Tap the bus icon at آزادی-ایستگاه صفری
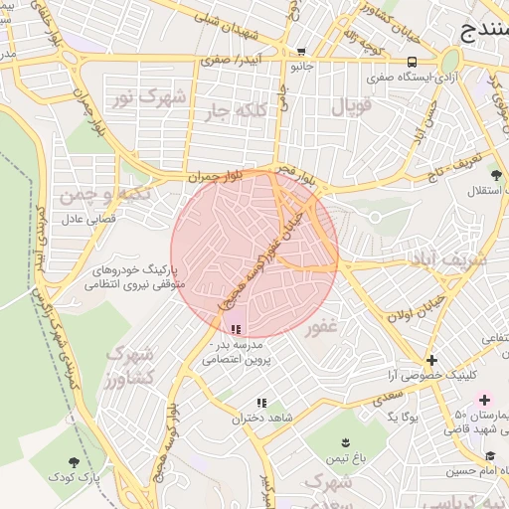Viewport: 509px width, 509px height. point(412,62)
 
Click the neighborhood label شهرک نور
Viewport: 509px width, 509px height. point(148,97)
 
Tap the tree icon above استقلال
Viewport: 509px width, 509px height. point(495,175)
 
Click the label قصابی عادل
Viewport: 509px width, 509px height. point(91,218)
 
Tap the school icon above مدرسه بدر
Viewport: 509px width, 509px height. point(236,329)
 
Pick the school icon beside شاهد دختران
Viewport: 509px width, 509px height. point(261,403)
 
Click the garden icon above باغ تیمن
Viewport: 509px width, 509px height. point(346,441)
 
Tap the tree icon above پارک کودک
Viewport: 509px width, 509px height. point(75,462)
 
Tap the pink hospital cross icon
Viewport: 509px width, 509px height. point(484,399)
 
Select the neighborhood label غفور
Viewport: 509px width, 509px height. point(323,327)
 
